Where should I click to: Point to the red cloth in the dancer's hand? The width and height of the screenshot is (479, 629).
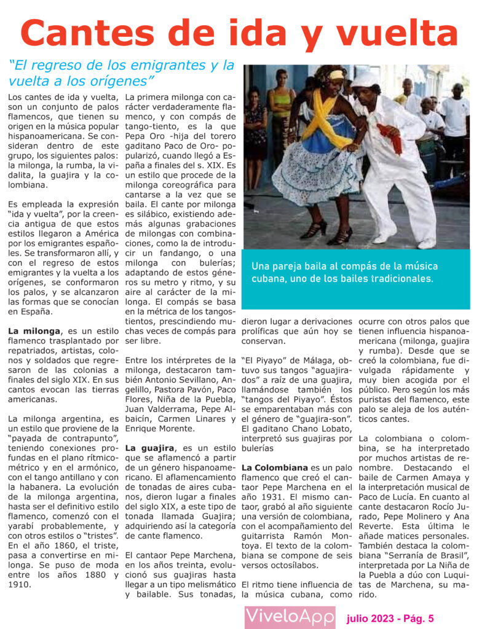tap(390, 138)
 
